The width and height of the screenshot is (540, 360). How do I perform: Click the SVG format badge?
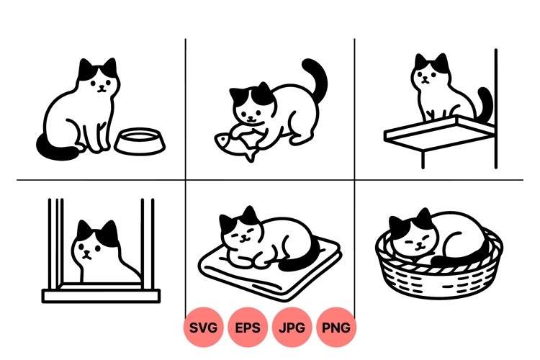tap(204, 328)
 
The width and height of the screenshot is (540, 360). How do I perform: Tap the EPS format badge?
tap(248, 328)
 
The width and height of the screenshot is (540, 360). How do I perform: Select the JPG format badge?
tap(292, 328)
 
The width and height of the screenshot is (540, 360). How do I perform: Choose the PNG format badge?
tap(336, 328)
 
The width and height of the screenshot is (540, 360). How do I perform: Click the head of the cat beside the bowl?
tap(99, 79)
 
